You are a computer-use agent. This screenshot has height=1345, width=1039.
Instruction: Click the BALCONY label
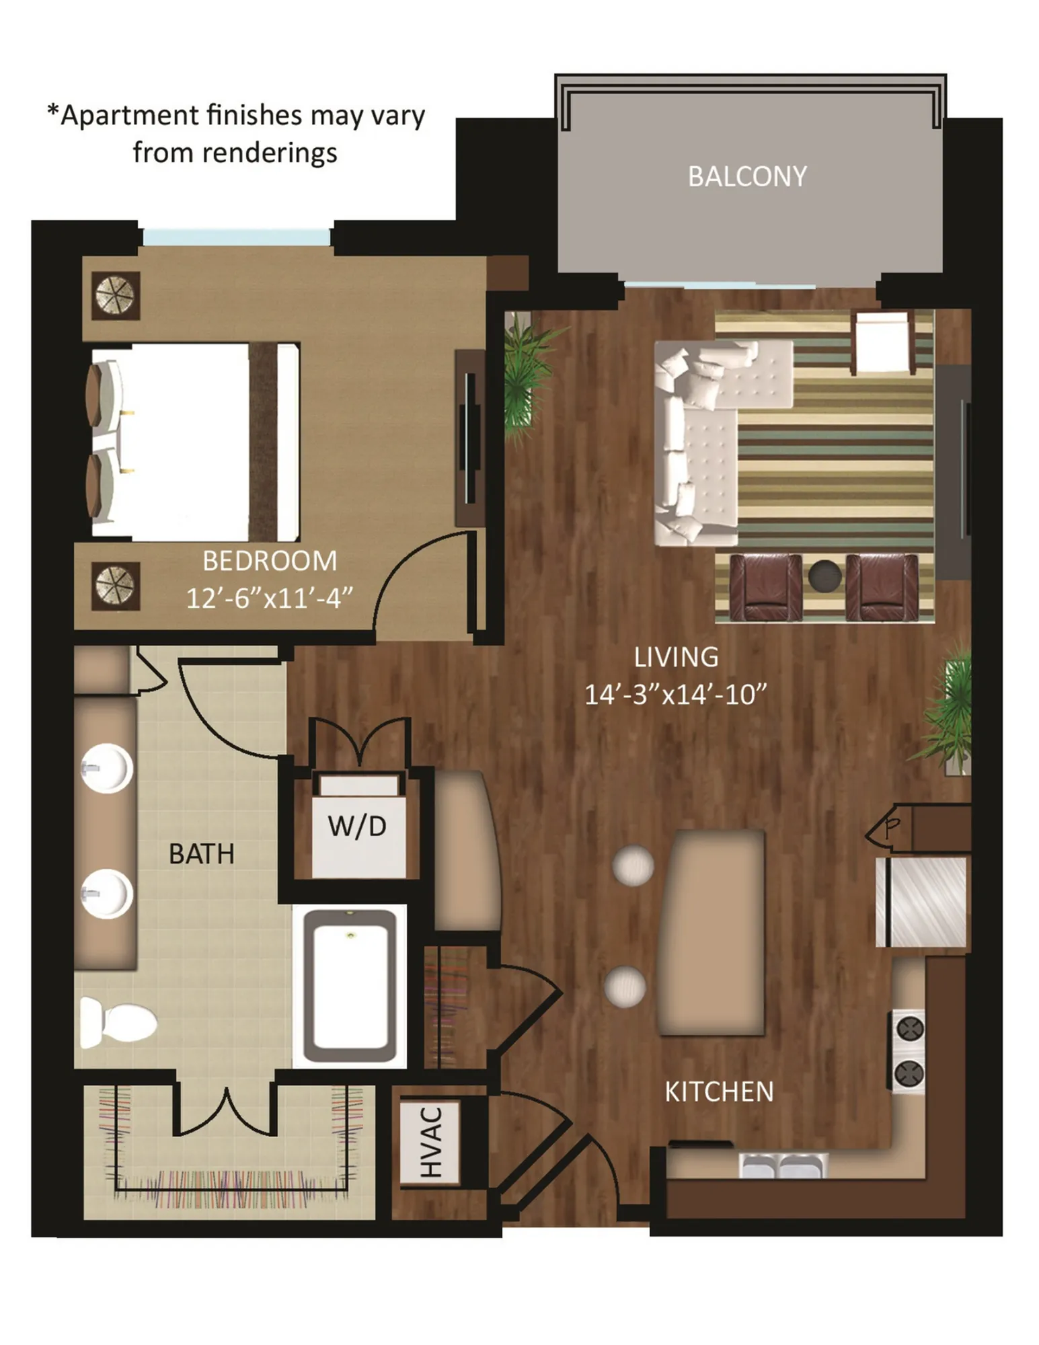(746, 176)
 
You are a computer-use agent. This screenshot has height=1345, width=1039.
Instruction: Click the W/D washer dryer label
(357, 826)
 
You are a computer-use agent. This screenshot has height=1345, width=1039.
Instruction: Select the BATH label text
(201, 853)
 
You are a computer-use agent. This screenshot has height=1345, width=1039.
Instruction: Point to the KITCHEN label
(719, 1091)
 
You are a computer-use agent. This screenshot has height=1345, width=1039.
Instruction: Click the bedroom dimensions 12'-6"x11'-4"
(269, 597)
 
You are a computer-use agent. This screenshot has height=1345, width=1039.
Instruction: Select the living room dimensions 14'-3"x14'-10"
(675, 693)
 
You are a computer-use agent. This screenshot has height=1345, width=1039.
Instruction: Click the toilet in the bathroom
(118, 1023)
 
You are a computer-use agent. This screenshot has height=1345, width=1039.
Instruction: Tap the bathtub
(350, 985)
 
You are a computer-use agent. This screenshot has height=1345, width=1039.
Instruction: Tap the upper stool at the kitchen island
(633, 866)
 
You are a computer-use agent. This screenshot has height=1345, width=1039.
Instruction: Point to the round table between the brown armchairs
(824, 576)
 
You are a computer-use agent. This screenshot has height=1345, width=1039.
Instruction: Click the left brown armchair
(765, 587)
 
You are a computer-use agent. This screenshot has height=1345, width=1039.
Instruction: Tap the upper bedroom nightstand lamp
(116, 295)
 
